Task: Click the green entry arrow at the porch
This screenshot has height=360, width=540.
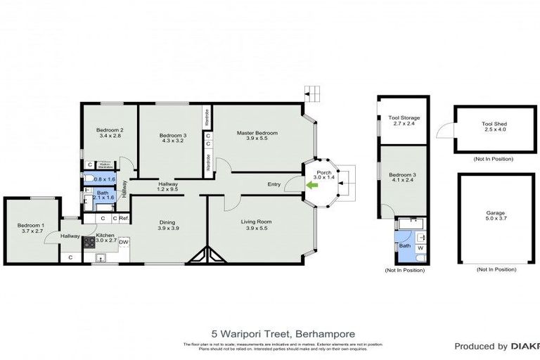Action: [x=310, y=185]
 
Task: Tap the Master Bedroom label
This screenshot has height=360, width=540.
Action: [x=257, y=133]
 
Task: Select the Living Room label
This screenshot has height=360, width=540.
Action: [x=259, y=221]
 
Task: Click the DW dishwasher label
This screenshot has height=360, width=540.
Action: [x=124, y=243]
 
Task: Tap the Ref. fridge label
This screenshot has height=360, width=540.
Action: [x=124, y=218]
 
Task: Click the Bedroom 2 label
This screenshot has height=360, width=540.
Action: [x=110, y=130]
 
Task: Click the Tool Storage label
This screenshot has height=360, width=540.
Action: [x=404, y=118]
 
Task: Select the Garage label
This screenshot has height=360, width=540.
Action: [x=495, y=212]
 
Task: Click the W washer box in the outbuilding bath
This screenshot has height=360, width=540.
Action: [x=420, y=247]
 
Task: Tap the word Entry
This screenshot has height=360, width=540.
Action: [x=274, y=185]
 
